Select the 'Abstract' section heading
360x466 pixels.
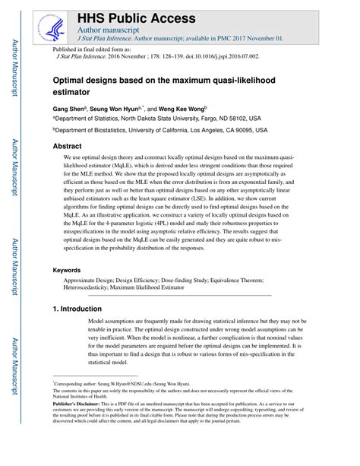(67, 146)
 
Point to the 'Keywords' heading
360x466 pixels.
(68, 270)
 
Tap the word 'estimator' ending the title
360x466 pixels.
(75, 93)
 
